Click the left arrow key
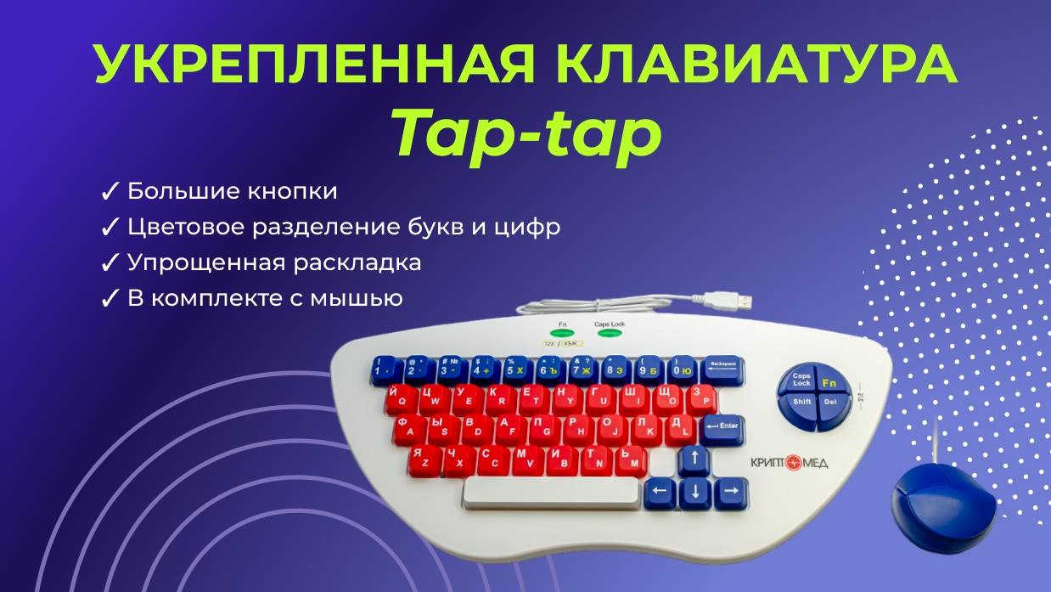click(660, 492)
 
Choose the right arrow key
click(729, 492)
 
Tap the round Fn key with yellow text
click(829, 383)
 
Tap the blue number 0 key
click(681, 369)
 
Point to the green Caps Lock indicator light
click(609, 333)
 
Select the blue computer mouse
click(942, 505)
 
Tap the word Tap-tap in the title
click(525, 134)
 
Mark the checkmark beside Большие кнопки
click(110, 192)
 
